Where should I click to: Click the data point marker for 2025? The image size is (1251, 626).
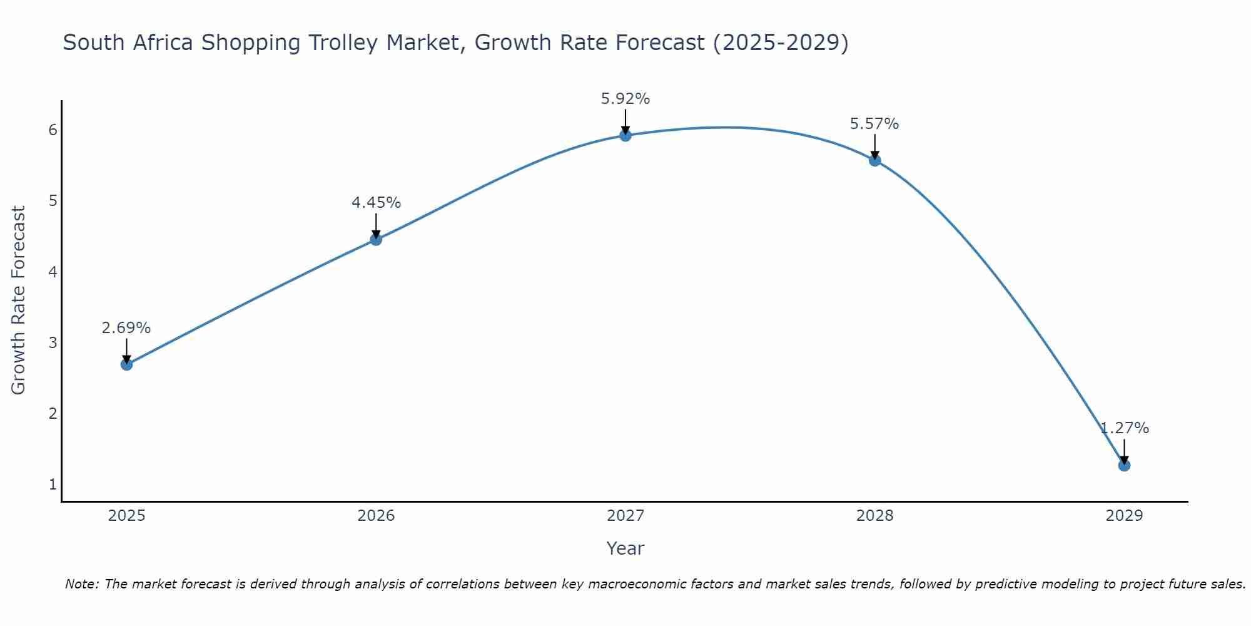coord(126,364)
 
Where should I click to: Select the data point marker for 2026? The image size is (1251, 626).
coord(376,239)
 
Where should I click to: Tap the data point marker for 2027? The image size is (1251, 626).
coord(625,135)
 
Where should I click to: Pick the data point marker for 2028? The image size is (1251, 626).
coord(874,160)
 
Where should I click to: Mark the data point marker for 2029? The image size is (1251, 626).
coord(1124,465)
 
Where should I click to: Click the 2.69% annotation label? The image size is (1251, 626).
coord(126,328)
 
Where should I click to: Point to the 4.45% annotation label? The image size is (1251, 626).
coord(376,203)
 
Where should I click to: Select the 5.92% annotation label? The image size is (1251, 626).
coord(625,99)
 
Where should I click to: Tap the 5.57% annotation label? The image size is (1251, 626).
coord(874,124)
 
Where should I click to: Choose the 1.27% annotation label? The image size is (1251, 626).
coord(1125,428)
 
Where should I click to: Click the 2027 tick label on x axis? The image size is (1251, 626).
coord(625,516)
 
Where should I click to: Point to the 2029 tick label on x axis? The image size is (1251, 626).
coord(1124,516)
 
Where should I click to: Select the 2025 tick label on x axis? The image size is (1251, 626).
coord(126,516)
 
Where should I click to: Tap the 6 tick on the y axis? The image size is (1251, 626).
coord(53,130)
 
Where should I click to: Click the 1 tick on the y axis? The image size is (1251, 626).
coord(53,485)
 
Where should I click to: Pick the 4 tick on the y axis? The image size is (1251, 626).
coord(53,272)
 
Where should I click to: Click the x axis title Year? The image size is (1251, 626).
coord(625,548)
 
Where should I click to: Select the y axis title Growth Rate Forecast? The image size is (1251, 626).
coord(19,300)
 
